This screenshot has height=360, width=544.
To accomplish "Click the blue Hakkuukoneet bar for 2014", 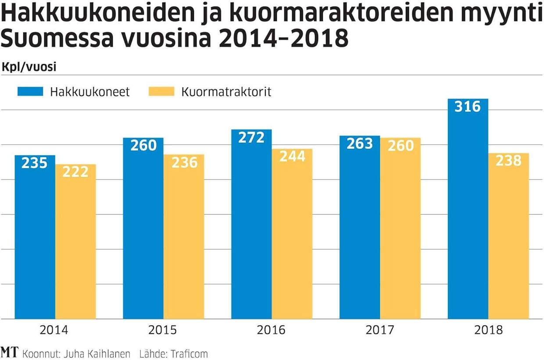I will (x=35, y=237).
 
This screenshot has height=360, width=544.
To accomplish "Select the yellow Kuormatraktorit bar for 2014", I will (x=75, y=241).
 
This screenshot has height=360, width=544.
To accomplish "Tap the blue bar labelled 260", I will (x=143, y=228).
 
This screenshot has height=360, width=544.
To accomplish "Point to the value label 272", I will (x=251, y=138).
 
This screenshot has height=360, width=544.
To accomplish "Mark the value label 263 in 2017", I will (x=360, y=144).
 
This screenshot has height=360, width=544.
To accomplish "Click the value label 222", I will (x=75, y=172).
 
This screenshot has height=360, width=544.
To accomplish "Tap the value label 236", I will (x=184, y=162).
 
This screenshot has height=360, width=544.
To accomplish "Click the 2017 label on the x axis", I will (x=380, y=330).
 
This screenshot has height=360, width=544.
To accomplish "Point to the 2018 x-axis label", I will (x=488, y=330).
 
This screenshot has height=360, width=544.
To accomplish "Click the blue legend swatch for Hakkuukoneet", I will (x=30, y=92).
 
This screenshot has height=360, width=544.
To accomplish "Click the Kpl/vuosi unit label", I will (x=29, y=67).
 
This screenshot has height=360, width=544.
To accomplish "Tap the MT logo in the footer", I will (x=9, y=353).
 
